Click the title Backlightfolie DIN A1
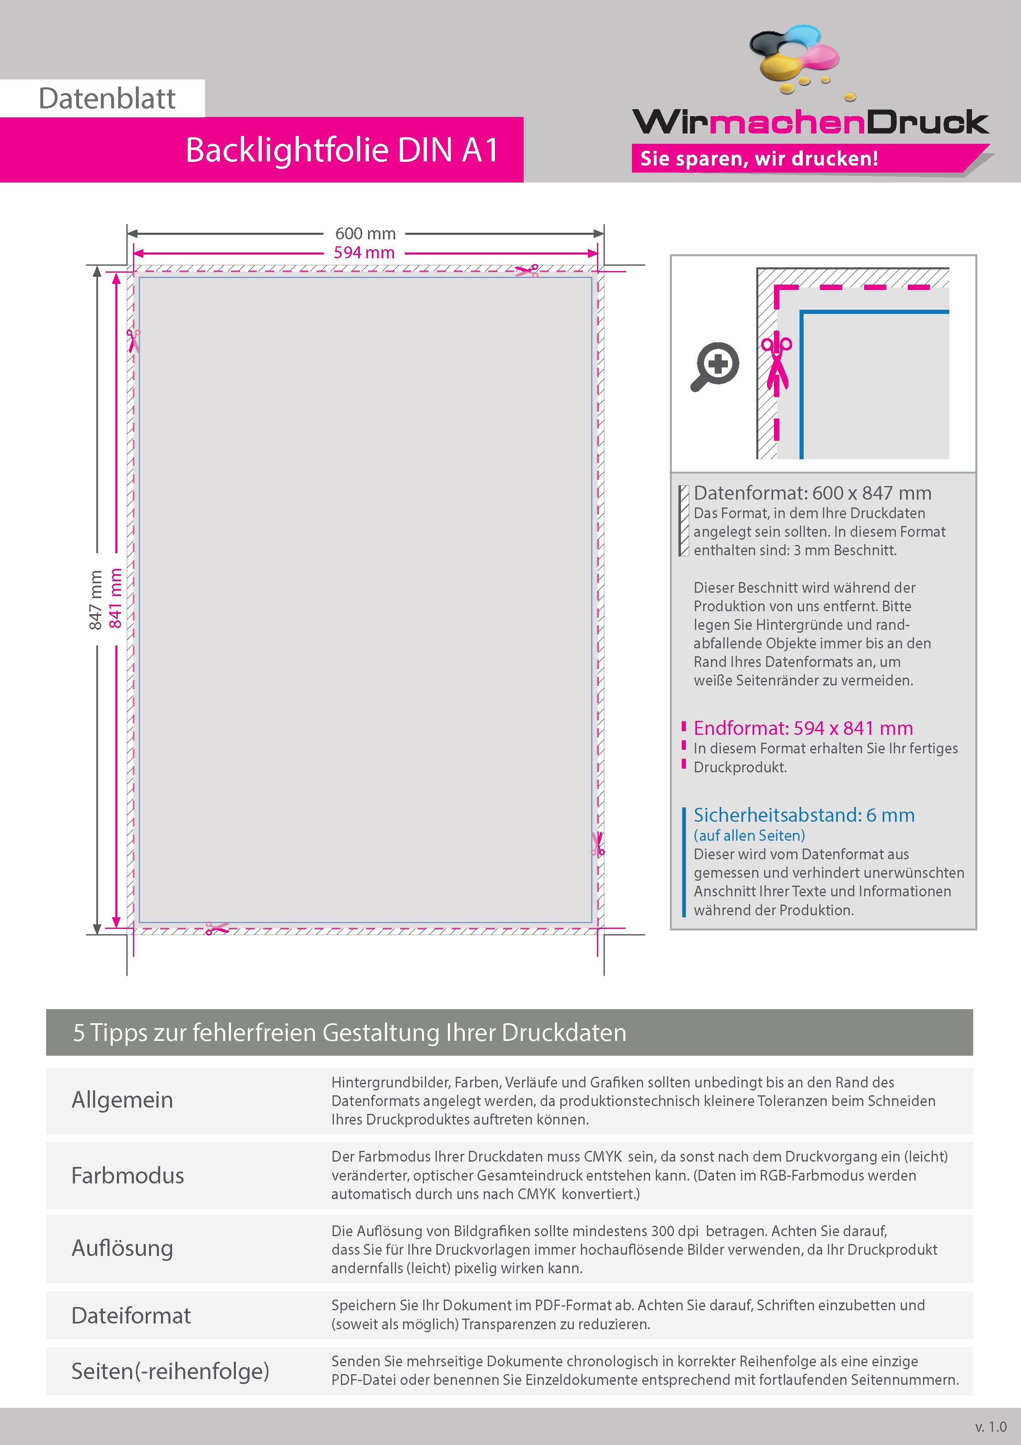coord(342,150)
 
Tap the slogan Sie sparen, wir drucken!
coord(759,159)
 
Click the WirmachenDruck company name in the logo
coord(810,122)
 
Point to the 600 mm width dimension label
coord(365,234)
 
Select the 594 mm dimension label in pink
coord(364,253)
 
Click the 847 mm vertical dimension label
coord(96,600)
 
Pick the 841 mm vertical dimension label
coord(115,598)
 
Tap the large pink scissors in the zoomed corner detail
coord(776,363)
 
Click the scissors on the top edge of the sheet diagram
coord(527,271)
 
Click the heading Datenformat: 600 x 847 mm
coord(812,493)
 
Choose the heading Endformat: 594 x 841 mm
coord(803,728)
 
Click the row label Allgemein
coord(122,1099)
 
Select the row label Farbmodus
coord(128,1175)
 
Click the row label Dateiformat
coord(131,1315)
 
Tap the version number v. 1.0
coord(991,1427)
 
